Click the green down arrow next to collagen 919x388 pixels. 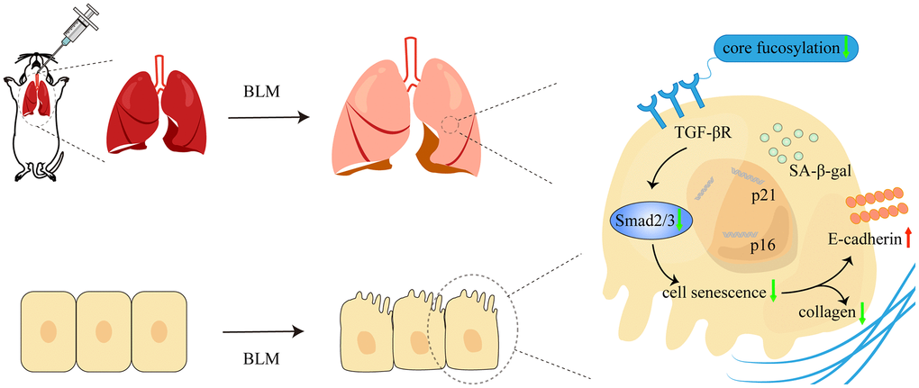point(862,312)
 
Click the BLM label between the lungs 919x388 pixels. point(261,92)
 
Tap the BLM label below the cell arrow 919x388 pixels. point(261,358)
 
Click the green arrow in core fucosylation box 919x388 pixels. point(846,48)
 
